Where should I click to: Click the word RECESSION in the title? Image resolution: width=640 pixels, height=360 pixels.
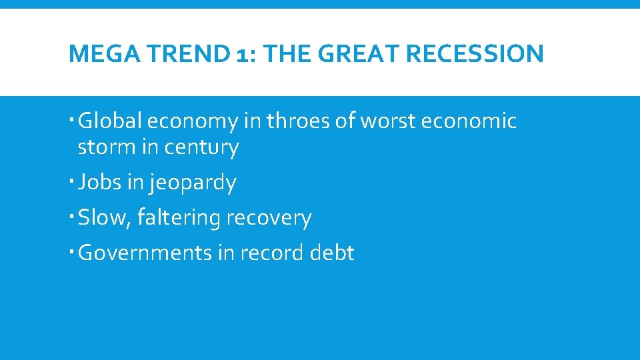[477, 54]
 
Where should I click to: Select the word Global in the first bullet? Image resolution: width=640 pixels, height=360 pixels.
[110, 121]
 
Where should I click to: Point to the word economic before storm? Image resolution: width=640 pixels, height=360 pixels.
[477, 121]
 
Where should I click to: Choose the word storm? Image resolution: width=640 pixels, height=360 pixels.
[107, 147]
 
